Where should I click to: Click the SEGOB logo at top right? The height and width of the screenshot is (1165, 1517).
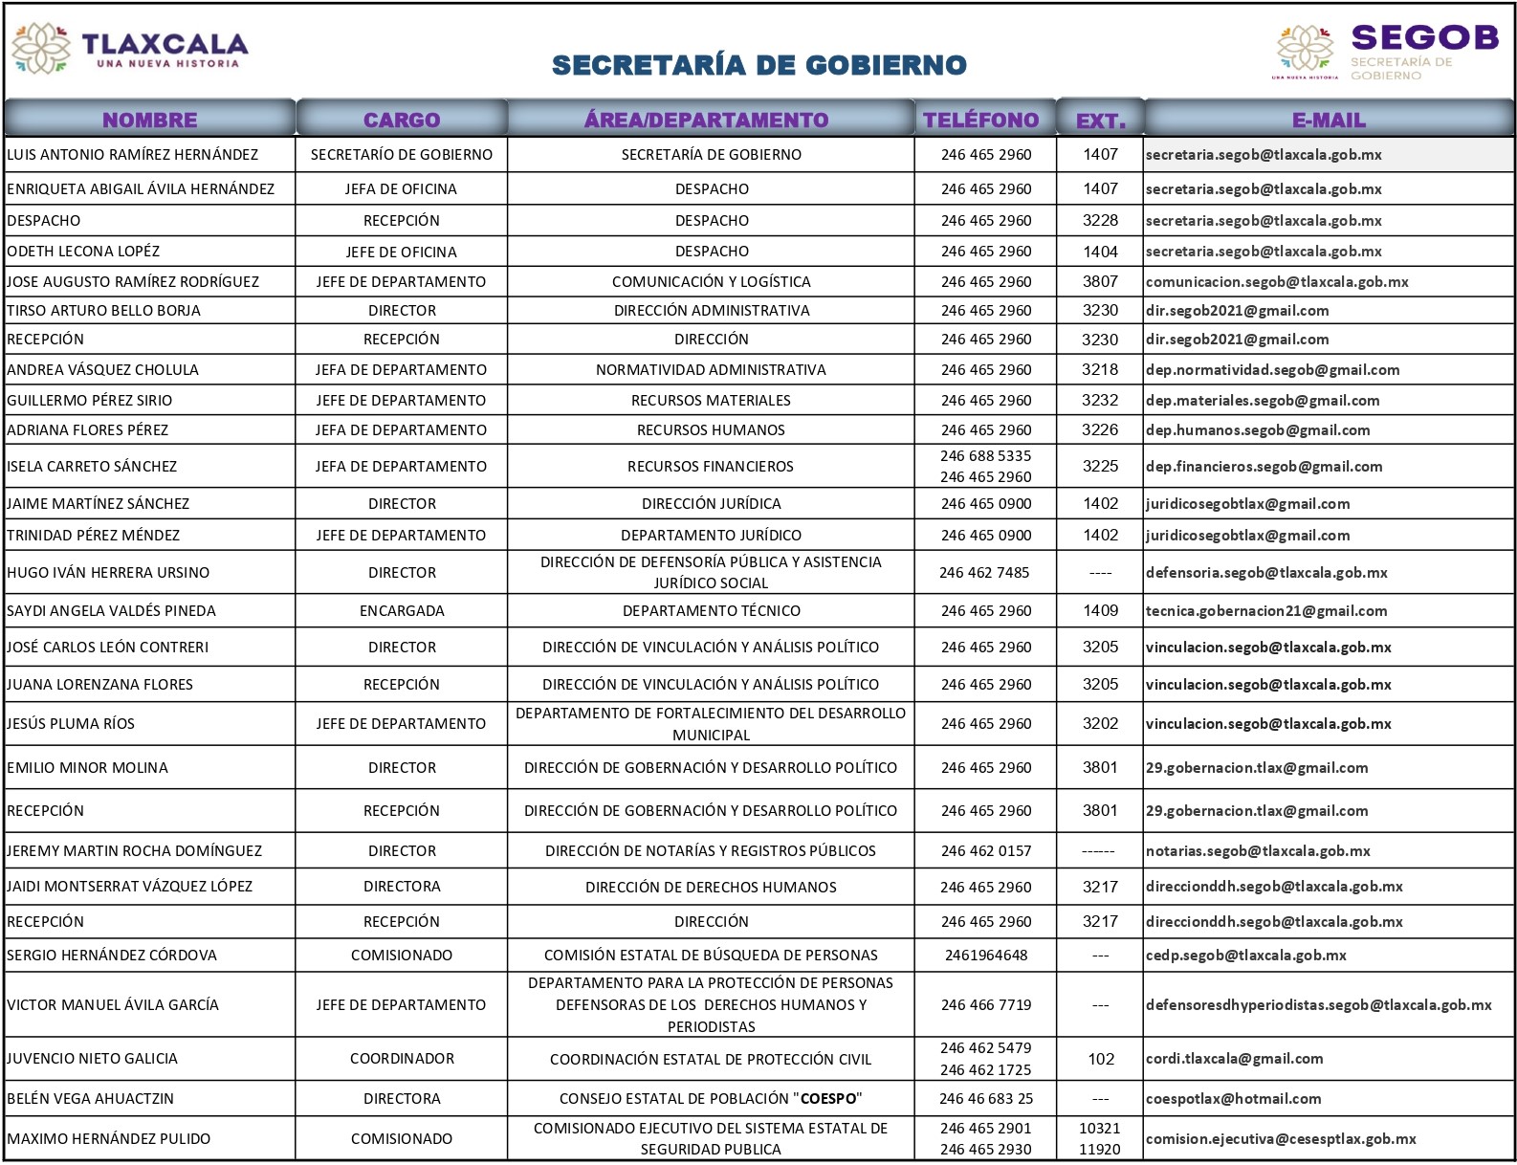[1386, 51]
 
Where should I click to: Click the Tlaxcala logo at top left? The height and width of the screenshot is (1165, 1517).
[128, 49]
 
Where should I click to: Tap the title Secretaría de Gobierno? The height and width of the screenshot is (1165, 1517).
[758, 65]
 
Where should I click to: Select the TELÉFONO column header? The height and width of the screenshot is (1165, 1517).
[980, 120]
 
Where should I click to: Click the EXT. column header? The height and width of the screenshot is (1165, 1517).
[1100, 121]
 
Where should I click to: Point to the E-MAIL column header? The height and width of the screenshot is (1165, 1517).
[1328, 120]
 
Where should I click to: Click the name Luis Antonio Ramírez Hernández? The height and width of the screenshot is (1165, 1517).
[132, 154]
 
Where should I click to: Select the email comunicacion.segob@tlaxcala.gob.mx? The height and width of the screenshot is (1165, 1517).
[1276, 281]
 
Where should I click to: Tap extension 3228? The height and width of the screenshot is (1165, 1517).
[1100, 220]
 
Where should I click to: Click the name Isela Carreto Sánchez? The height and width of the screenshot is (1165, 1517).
[92, 466]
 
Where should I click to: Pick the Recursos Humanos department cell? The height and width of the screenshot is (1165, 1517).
[711, 429]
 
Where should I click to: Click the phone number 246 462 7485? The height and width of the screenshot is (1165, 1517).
[984, 572]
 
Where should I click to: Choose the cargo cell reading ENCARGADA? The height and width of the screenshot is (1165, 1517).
[402, 610]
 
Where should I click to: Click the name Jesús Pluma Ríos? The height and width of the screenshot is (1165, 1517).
[71, 723]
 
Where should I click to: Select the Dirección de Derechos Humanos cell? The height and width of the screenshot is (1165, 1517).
[711, 887]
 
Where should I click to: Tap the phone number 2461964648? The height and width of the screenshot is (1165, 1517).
[985, 955]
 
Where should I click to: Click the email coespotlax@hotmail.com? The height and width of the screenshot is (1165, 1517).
[1233, 1098]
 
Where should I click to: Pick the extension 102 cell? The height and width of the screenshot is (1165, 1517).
[1101, 1058]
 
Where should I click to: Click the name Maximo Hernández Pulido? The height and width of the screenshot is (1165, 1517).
[108, 1138]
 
